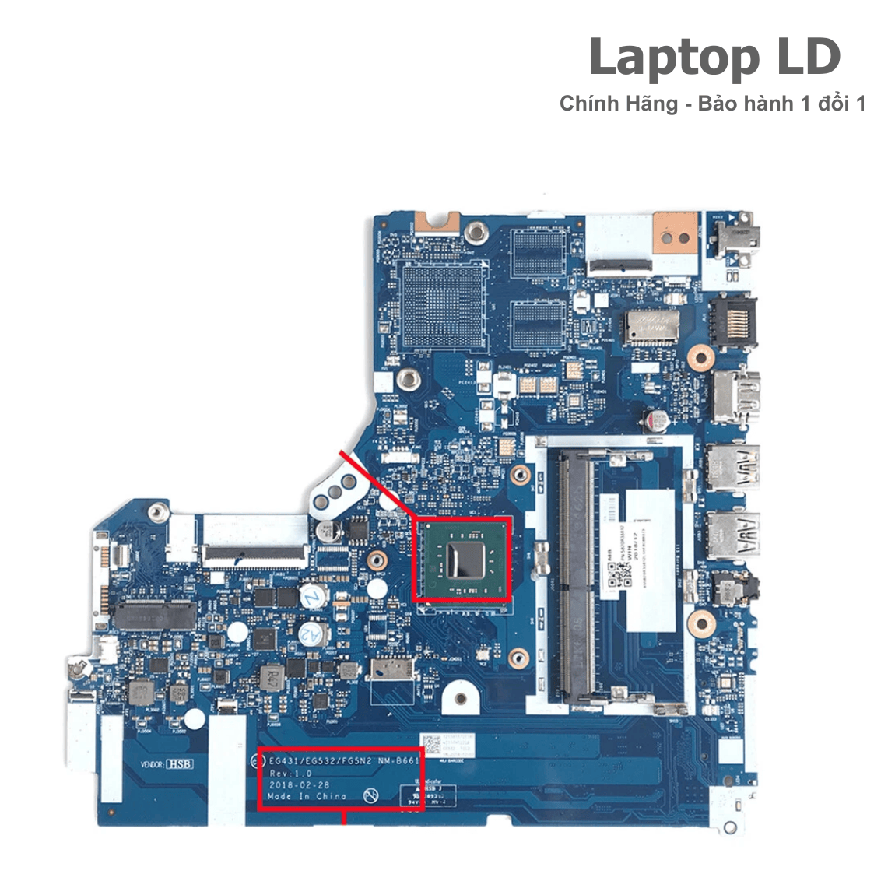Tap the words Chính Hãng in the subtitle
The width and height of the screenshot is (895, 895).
(618, 104)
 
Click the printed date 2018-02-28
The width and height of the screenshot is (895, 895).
(299, 785)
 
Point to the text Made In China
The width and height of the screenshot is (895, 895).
(307, 796)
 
